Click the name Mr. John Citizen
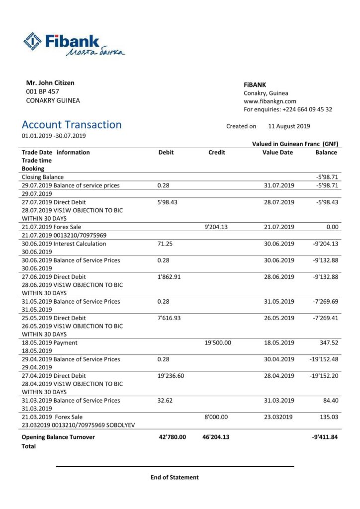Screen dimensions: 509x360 point(50,83)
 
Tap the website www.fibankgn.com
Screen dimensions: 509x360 point(270,101)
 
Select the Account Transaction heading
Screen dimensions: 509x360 point(72,125)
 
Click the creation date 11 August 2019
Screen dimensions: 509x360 point(289,126)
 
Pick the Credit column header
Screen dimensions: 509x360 point(216,153)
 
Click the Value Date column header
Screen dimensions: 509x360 point(277,153)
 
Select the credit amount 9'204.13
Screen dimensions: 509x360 point(218,227)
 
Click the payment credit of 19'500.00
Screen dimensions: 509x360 point(218,342)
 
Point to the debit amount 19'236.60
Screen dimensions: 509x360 point(171,376)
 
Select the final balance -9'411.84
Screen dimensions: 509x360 point(324,437)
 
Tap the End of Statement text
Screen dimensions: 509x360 point(175,477)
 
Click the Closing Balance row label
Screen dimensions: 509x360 point(43,177)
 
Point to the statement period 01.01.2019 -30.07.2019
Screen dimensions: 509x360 point(54,136)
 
